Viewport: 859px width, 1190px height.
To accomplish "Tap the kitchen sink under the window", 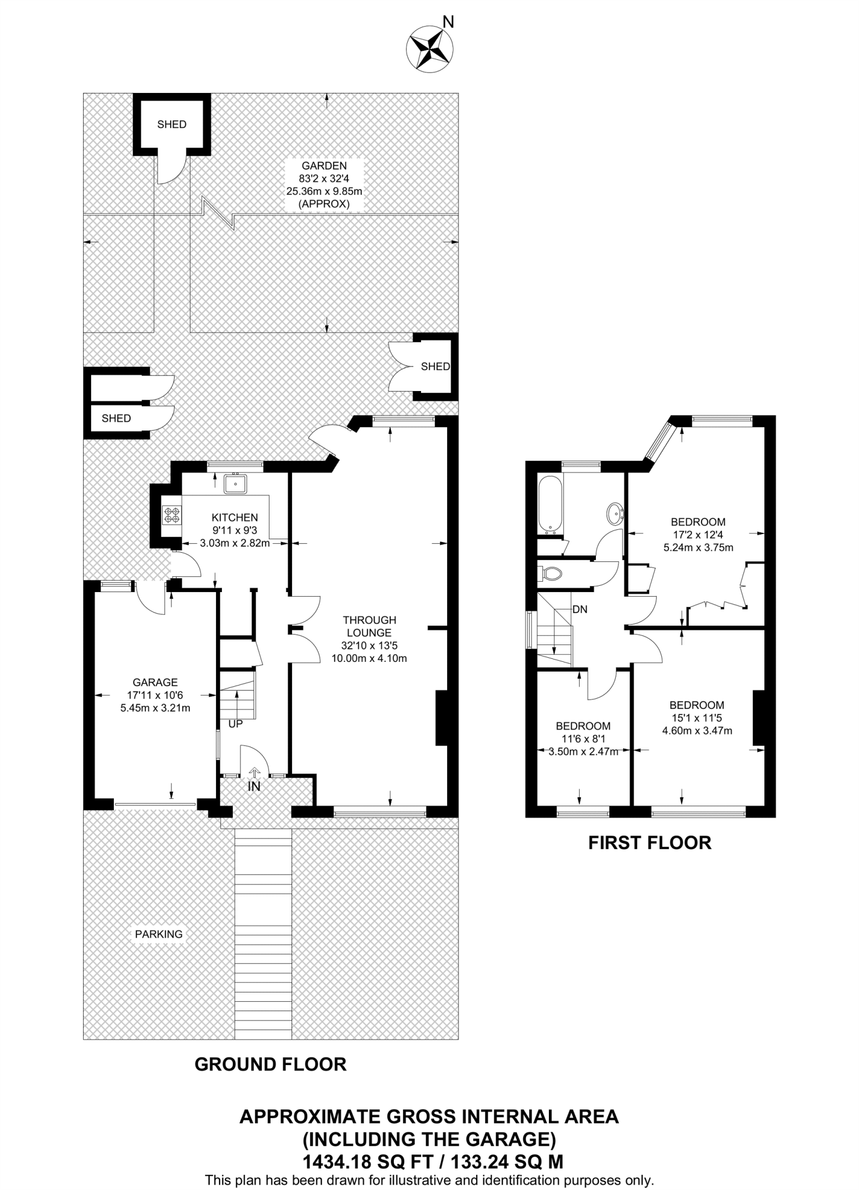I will [235, 483].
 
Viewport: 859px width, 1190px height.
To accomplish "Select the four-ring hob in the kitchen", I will [172, 514].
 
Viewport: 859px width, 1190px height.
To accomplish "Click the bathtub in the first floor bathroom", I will [550, 503].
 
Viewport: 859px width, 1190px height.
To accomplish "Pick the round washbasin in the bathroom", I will [615, 513].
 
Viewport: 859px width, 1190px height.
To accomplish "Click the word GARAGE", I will [155, 682].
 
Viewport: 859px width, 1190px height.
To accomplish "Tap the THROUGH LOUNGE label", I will [369, 626].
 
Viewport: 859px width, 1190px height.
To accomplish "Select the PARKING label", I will [159, 934].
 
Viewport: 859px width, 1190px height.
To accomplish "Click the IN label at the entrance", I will [254, 787].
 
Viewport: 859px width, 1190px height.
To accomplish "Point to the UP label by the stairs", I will [235, 725].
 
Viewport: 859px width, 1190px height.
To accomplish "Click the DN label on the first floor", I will [580, 610].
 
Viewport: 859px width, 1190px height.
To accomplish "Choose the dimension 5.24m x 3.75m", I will [698, 547].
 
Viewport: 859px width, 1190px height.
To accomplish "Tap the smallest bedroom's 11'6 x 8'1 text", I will [583, 739].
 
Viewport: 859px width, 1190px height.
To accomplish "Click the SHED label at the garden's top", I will [171, 124].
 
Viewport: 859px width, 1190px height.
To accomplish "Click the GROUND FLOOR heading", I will [270, 1064].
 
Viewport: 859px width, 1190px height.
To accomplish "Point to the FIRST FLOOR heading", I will [649, 843].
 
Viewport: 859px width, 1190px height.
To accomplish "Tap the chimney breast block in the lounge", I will [441, 718].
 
